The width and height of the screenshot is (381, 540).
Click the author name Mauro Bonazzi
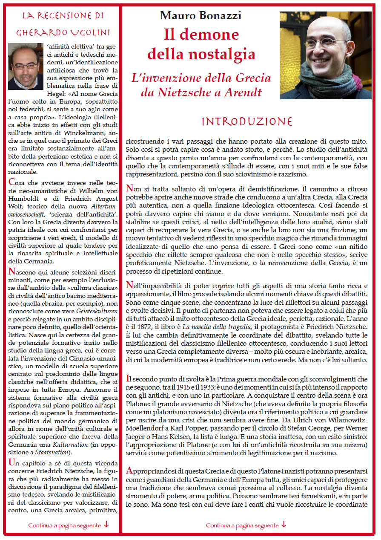(x=201, y=16)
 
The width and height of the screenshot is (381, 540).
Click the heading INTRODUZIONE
(x=247, y=122)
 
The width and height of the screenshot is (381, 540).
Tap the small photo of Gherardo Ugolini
(x=26, y=66)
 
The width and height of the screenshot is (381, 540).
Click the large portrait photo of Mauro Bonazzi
(x=325, y=55)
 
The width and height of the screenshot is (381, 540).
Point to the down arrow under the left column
(x=106, y=525)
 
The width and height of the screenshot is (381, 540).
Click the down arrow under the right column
(x=284, y=525)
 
